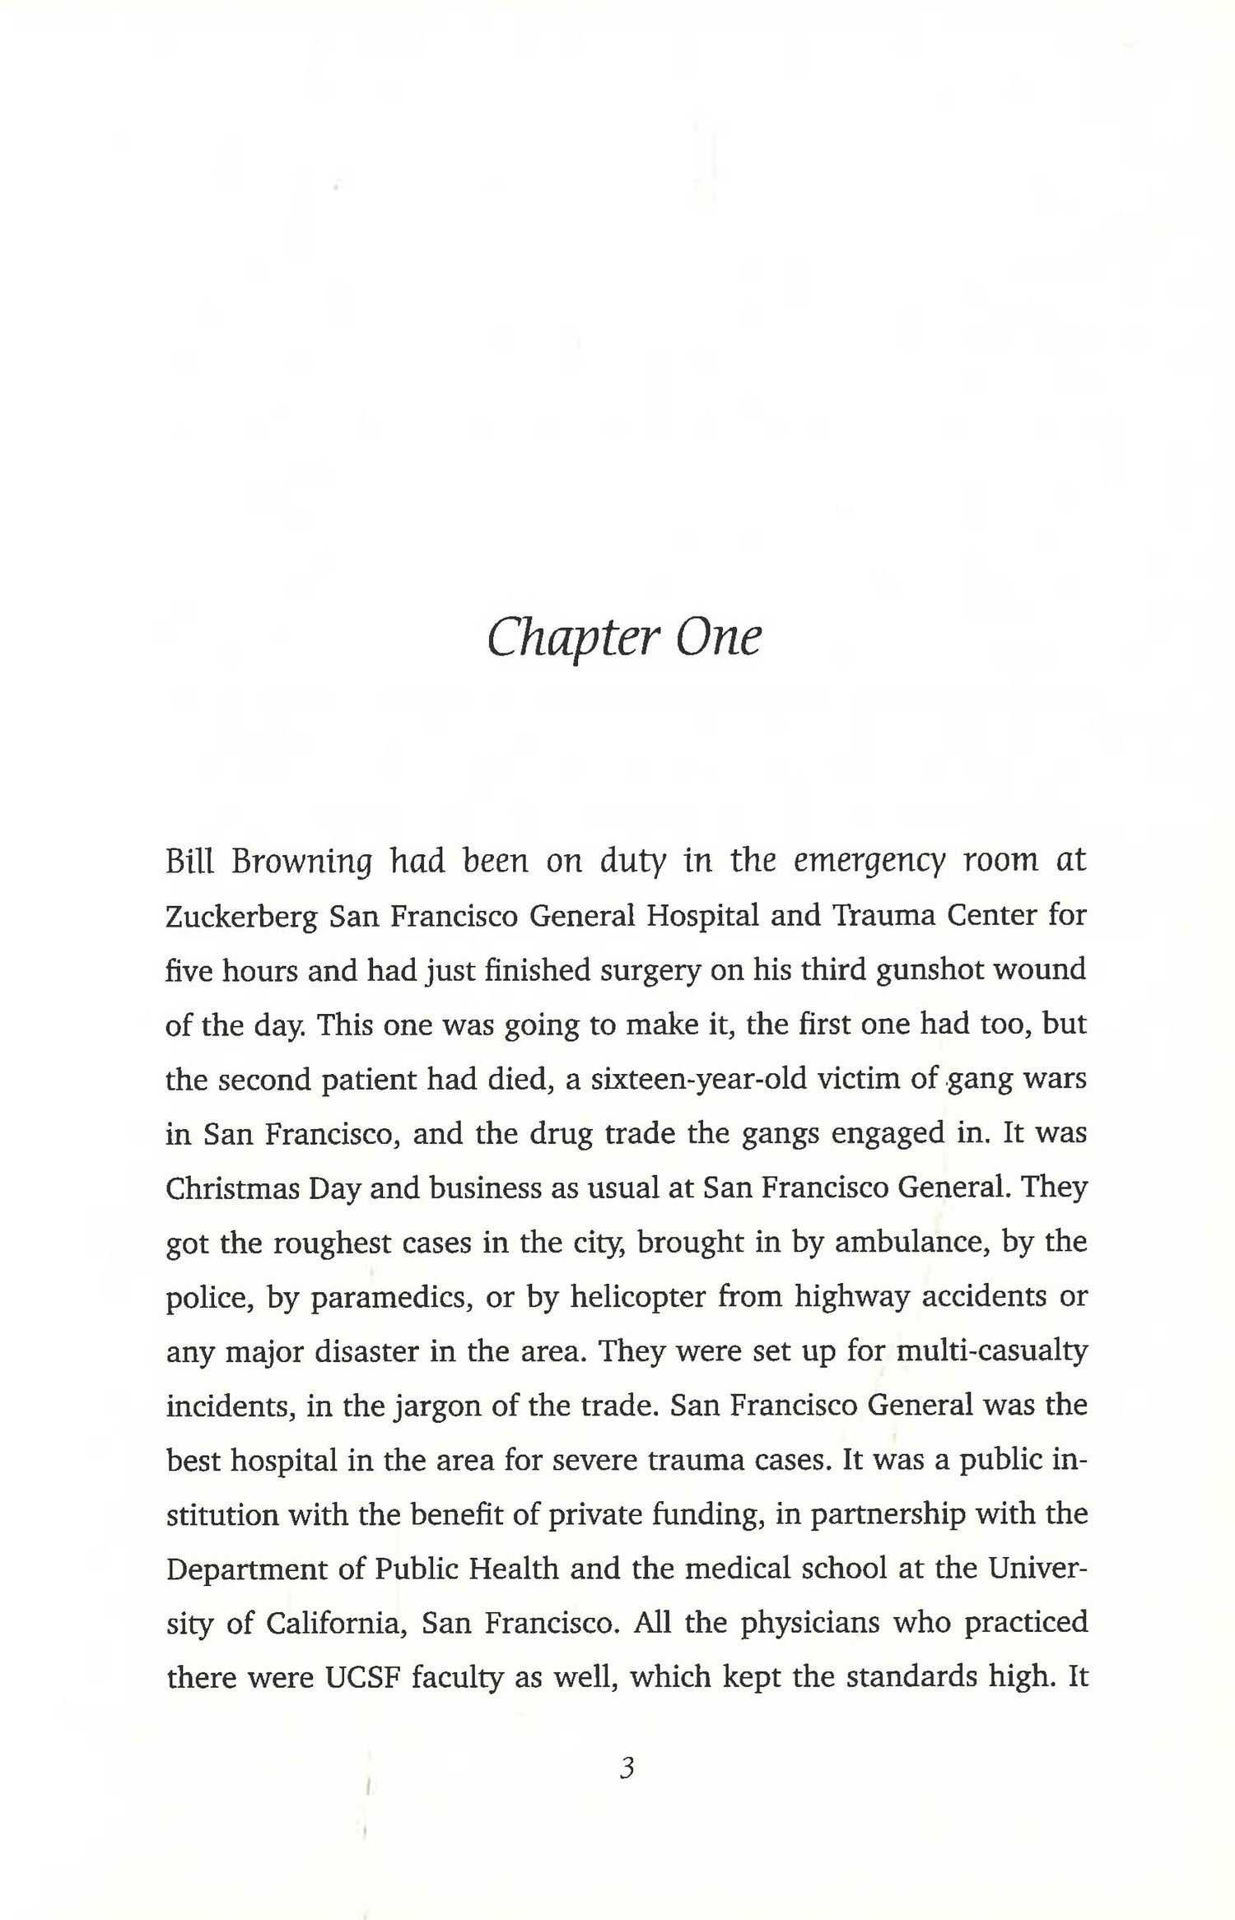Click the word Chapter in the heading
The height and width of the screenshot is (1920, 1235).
click(x=568, y=639)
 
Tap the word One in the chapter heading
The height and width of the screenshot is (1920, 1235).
click(x=717, y=639)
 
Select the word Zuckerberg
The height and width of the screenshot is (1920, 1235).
click(x=241, y=917)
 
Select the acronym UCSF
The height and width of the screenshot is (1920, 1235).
click(x=363, y=1677)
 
